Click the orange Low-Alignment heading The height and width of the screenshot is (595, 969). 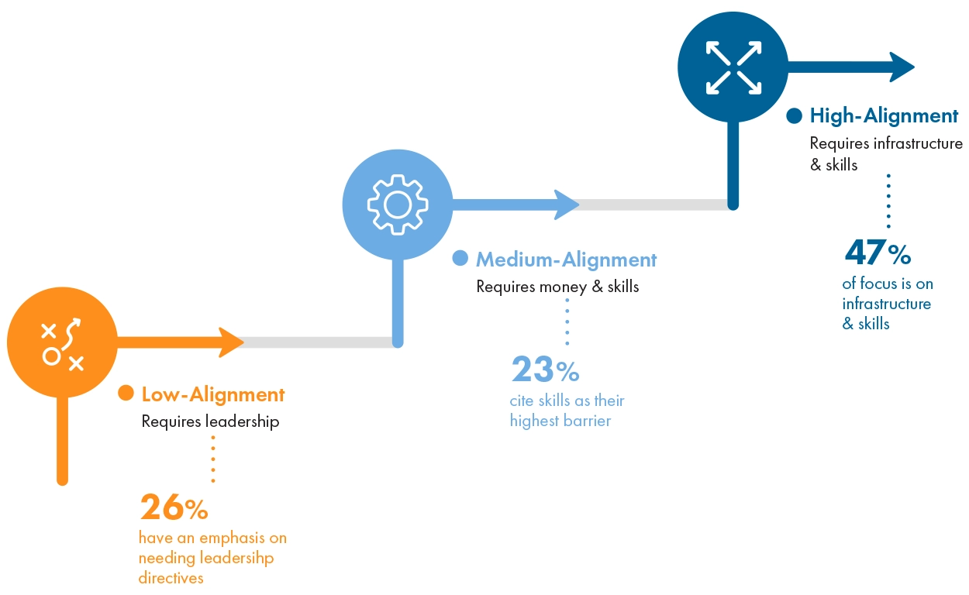click(x=213, y=394)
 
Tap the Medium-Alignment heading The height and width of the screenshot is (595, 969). click(x=566, y=260)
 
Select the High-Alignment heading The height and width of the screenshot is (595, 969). click(x=884, y=116)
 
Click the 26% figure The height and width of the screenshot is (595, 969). click(x=174, y=507)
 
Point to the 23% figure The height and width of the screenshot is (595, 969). click(x=545, y=370)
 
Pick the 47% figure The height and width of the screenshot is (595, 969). click(x=877, y=253)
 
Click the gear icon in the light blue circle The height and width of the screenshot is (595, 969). click(x=398, y=204)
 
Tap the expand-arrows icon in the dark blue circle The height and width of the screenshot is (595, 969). click(x=733, y=67)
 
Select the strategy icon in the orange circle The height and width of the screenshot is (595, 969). click(x=62, y=342)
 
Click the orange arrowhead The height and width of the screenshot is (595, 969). click(x=230, y=342)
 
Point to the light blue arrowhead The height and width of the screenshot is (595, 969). click(x=565, y=205)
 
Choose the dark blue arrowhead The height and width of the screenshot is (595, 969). click(x=902, y=67)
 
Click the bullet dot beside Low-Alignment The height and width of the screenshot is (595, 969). click(x=126, y=394)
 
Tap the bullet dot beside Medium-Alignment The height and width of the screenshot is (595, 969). click(x=460, y=258)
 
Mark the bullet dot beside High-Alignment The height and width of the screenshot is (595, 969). click(x=794, y=116)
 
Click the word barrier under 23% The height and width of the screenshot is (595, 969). click(x=586, y=421)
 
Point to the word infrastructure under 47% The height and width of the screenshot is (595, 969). click(x=886, y=304)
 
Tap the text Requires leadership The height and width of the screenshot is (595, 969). click(x=210, y=422)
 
